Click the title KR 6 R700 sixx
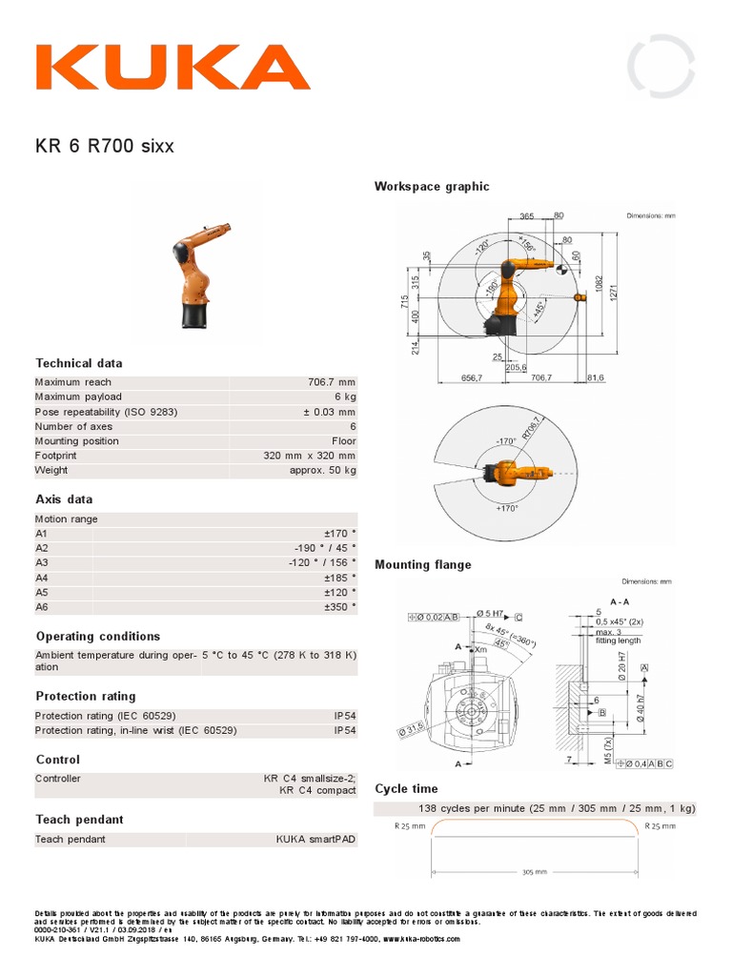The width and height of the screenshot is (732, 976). pyautogui.click(x=105, y=147)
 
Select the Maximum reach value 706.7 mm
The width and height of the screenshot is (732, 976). pyautogui.click(x=331, y=382)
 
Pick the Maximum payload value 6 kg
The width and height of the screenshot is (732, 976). pyautogui.click(x=344, y=396)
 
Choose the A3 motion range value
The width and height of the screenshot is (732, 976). pyautogui.click(x=322, y=562)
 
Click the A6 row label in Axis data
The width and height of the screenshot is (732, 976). pyautogui.click(x=41, y=605)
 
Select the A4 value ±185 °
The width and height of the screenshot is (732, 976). pyautogui.click(x=339, y=577)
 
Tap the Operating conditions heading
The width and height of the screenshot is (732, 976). pyautogui.click(x=98, y=636)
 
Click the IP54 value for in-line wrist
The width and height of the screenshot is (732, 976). pyautogui.click(x=344, y=730)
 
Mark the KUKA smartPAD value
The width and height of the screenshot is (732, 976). pyautogui.click(x=315, y=839)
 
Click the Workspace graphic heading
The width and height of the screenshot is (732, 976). pyautogui.click(x=432, y=186)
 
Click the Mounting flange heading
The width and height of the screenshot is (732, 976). pyautogui.click(x=423, y=564)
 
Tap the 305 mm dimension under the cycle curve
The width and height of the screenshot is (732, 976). pyautogui.click(x=535, y=871)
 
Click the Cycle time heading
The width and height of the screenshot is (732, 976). pyautogui.click(x=407, y=788)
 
